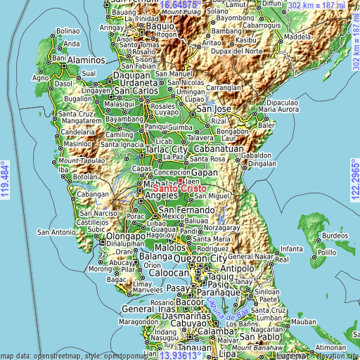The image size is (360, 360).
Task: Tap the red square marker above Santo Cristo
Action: point(179,181)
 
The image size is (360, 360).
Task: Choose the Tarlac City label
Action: point(166,150)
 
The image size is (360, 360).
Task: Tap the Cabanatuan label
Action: point(218,150)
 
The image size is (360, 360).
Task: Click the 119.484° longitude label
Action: point(6,179)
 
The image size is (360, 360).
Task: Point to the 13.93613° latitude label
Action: point(181,354)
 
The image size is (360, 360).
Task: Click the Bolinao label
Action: point(67,31)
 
